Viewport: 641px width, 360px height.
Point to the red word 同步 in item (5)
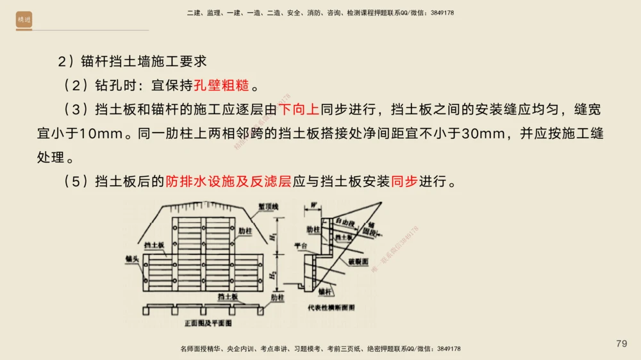(x=404, y=181)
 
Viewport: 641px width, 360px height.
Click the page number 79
(x=621, y=344)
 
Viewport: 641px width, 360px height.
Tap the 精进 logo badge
(x=24, y=20)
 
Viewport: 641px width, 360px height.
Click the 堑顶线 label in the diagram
(x=269, y=207)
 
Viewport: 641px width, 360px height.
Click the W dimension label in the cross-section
(x=314, y=205)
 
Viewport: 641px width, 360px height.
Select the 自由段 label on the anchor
(x=344, y=220)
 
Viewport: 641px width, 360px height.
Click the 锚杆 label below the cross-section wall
(x=326, y=291)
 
